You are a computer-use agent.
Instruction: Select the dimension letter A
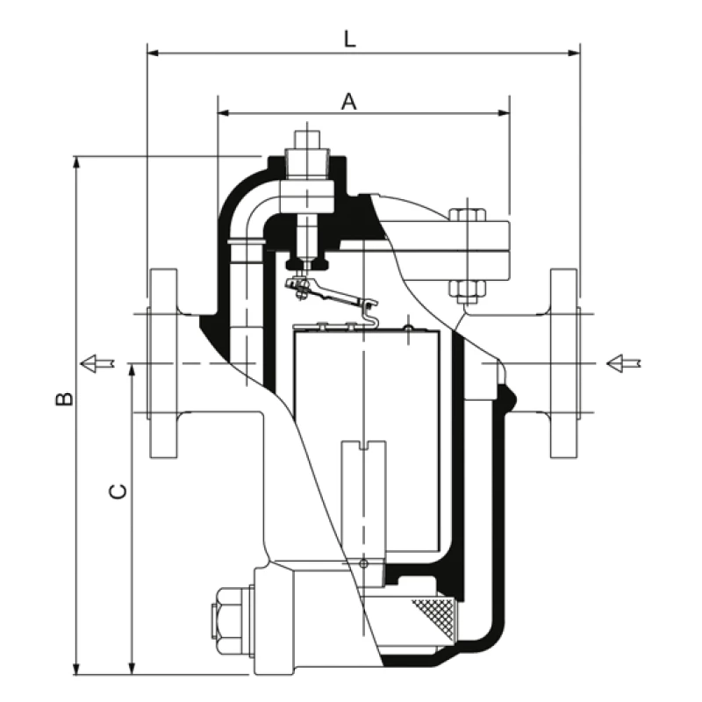click(349, 102)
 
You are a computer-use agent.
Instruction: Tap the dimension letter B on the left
click(63, 399)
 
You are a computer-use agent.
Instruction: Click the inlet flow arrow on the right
click(625, 362)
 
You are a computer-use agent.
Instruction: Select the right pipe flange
click(564, 362)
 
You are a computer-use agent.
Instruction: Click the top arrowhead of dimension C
click(132, 369)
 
